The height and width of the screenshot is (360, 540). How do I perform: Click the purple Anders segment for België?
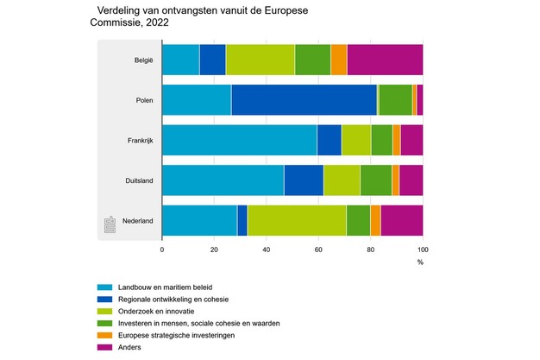tap(385, 60)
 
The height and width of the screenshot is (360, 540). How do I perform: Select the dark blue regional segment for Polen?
tap(304, 100)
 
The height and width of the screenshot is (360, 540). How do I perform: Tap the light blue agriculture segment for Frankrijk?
tap(239, 140)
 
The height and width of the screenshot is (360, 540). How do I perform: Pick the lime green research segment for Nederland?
tap(296, 220)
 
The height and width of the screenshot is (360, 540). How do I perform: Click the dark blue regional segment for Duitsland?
tap(304, 180)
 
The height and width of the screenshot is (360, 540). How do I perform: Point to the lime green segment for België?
tap(260, 60)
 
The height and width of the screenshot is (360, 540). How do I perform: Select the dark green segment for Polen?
tap(395, 100)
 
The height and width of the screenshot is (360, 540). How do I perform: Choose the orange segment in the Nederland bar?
tap(375, 220)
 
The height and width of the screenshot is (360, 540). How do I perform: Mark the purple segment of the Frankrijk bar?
tap(411, 140)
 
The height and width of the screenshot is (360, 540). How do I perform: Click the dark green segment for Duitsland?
tap(376, 180)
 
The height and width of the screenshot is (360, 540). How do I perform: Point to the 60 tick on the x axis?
tap(318, 249)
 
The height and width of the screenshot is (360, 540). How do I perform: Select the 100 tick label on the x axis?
tap(423, 249)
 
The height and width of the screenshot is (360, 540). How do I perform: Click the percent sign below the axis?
tap(420, 262)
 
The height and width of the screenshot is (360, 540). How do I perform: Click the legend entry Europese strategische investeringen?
tap(188, 335)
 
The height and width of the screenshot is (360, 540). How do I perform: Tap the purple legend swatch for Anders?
tap(105, 347)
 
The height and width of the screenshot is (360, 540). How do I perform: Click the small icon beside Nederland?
tap(110, 224)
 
